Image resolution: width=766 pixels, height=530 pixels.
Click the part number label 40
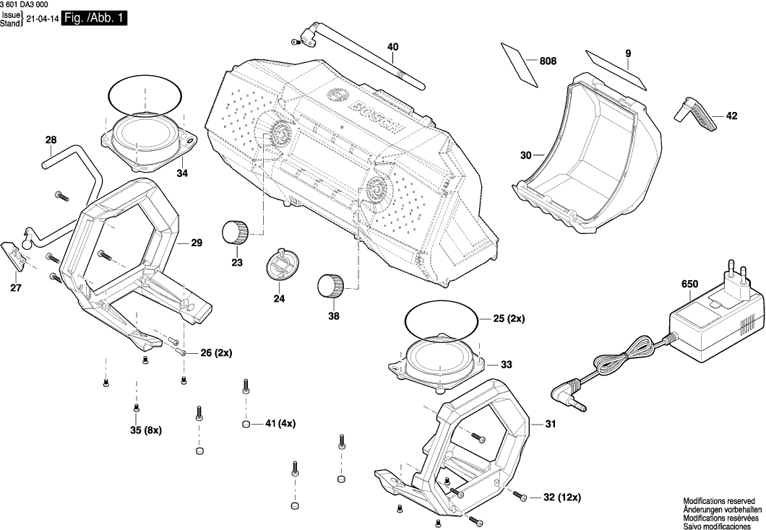(392, 47)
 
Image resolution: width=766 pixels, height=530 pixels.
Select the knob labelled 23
(234, 231)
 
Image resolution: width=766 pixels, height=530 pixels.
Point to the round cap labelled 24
(281, 264)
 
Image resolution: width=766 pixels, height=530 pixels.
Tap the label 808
(548, 61)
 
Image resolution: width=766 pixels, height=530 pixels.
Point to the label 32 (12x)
(561, 498)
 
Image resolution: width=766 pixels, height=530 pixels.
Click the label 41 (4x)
(280, 423)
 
